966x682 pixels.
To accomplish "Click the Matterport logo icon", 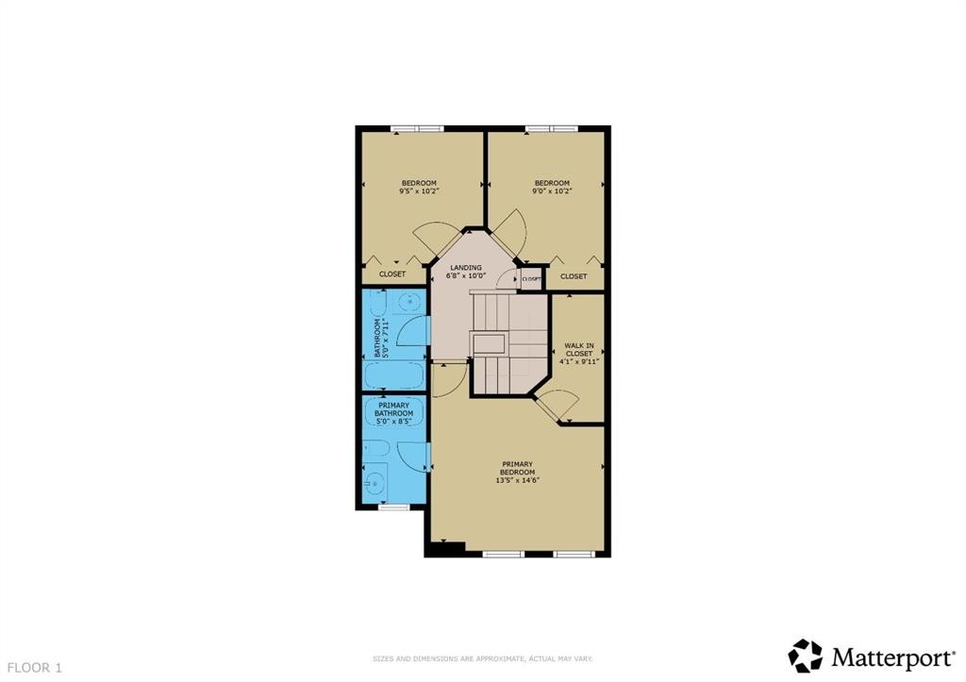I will (x=805, y=656).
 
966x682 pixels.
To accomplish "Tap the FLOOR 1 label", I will (x=32, y=668).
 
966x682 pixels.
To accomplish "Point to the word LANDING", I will (x=467, y=267).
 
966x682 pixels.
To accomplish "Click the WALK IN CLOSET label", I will (x=578, y=346).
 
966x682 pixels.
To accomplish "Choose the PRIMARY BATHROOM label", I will (x=395, y=409).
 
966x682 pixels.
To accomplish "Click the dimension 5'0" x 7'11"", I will (x=385, y=338).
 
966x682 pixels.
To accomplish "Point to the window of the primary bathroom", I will (x=393, y=507).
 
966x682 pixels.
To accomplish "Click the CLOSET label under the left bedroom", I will (x=392, y=274).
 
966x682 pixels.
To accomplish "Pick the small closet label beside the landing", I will (x=531, y=279).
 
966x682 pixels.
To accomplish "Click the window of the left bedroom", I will (x=418, y=129).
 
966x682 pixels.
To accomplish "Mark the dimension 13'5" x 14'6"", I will (x=518, y=479).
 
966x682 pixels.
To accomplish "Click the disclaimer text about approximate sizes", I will (x=482, y=658).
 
